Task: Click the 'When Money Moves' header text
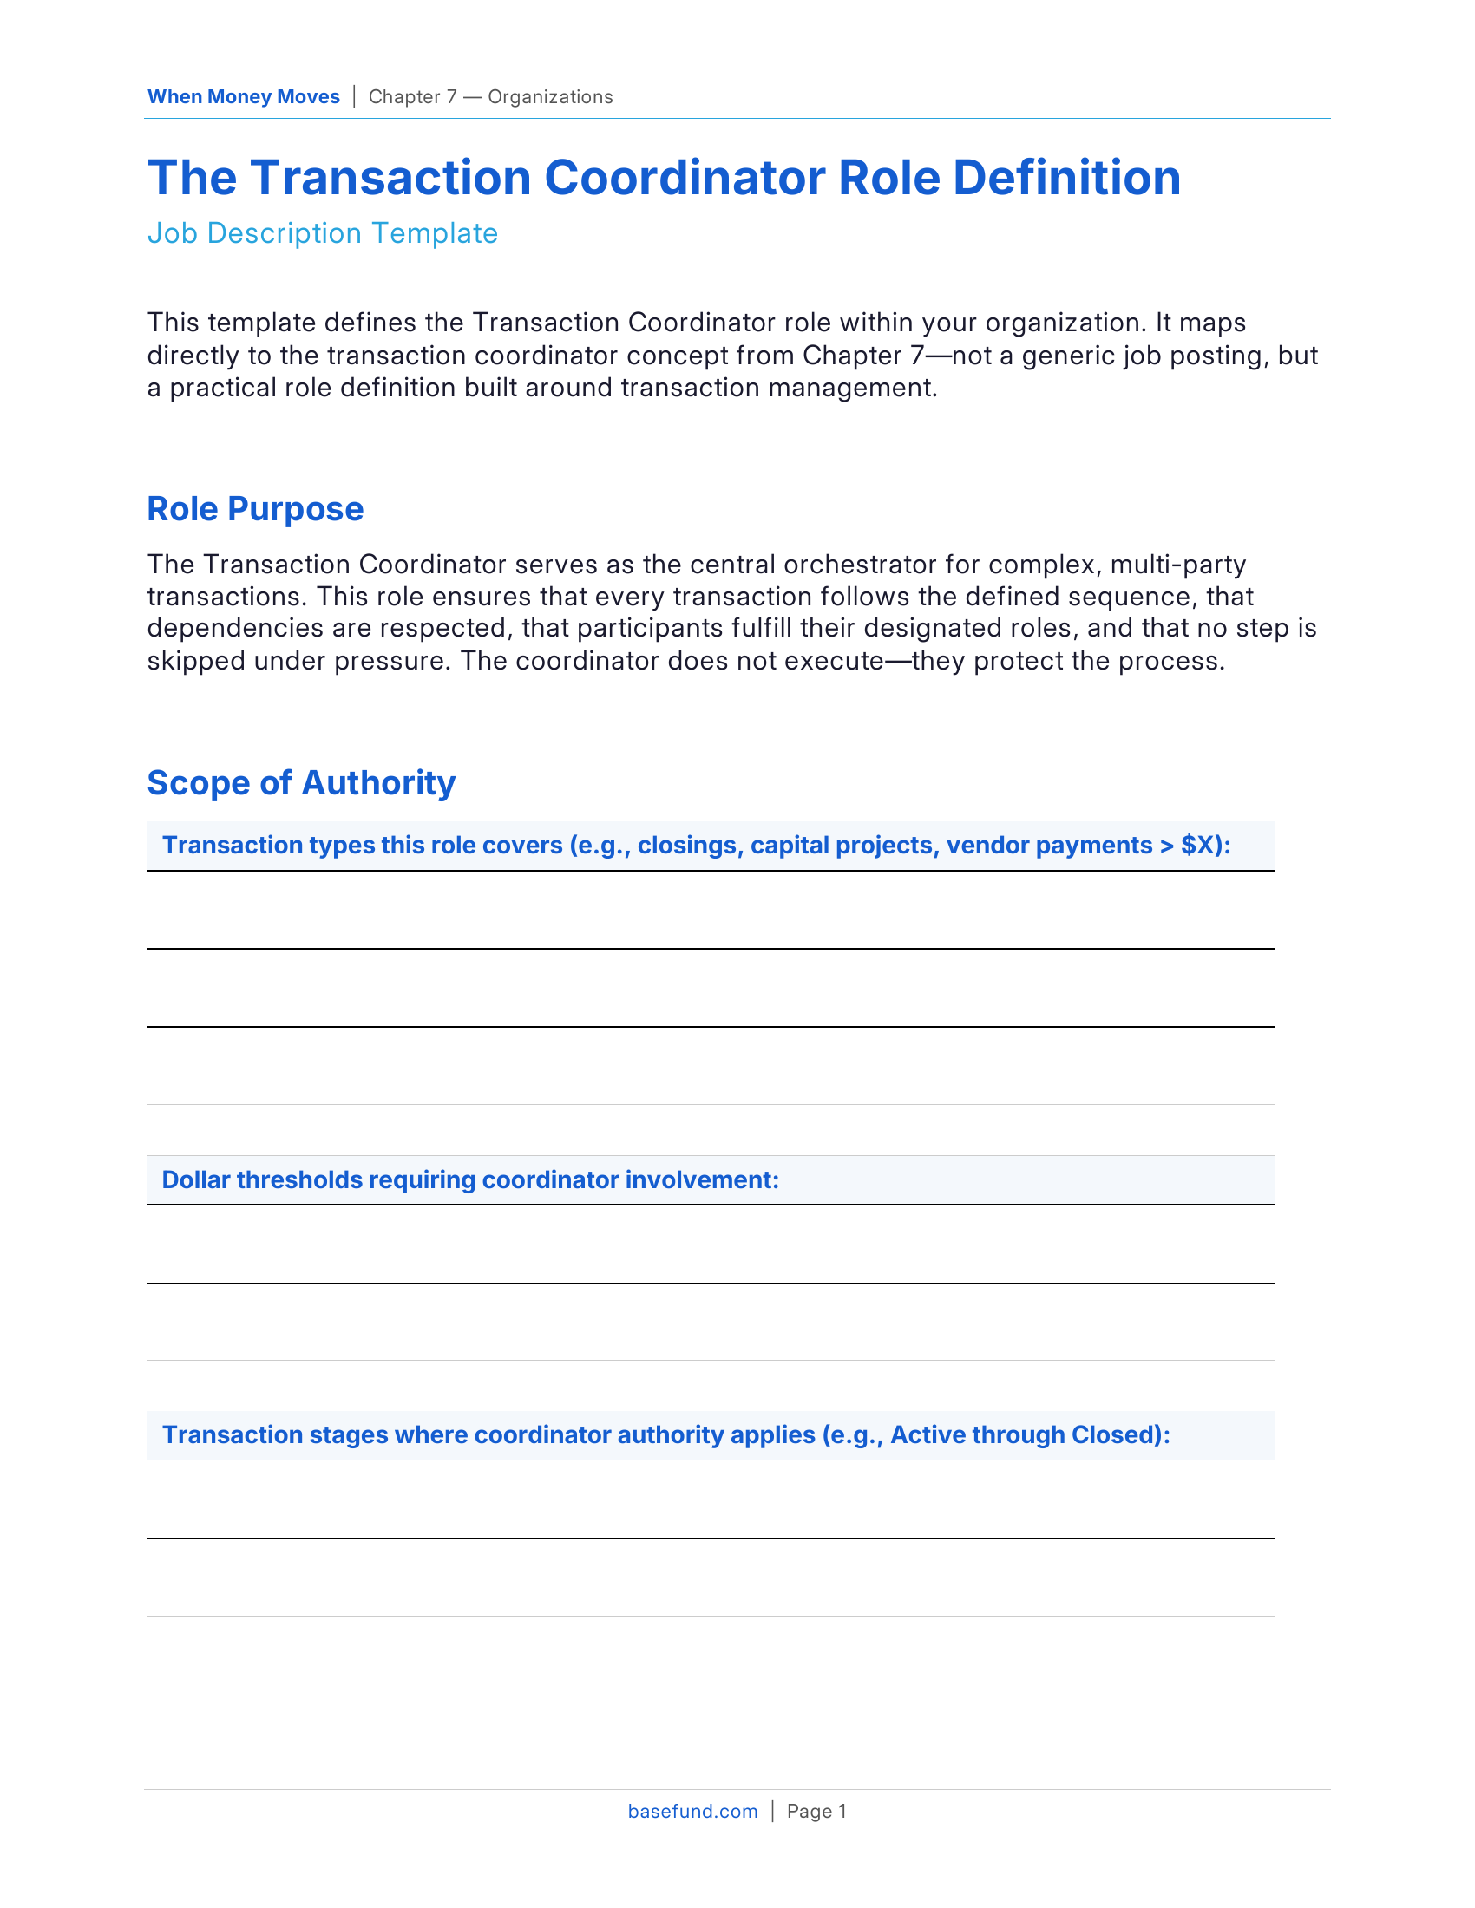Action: tap(243, 97)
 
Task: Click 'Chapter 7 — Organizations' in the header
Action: tap(490, 97)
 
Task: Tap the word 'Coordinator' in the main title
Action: tap(684, 178)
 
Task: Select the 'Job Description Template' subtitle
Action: tap(323, 233)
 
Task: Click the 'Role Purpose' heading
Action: tap(255, 509)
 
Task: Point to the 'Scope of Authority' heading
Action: tap(301, 783)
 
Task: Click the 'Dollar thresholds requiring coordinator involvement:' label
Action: tap(470, 1180)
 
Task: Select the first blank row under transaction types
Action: tap(711, 911)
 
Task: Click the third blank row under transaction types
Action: tap(711, 1066)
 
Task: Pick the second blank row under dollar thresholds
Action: tap(711, 1322)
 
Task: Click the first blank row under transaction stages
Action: tap(711, 1500)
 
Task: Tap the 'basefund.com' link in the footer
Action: tap(693, 1812)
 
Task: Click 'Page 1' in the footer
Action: tap(816, 1812)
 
